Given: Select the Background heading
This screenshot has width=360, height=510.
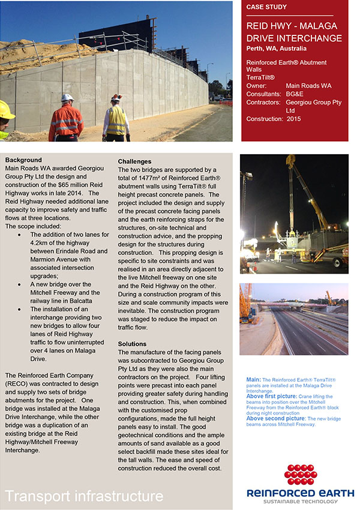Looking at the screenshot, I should pos(23,160).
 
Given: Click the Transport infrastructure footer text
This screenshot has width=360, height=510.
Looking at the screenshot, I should pos(84,496).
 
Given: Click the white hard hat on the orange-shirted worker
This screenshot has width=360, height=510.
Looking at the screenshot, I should pos(67,97).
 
